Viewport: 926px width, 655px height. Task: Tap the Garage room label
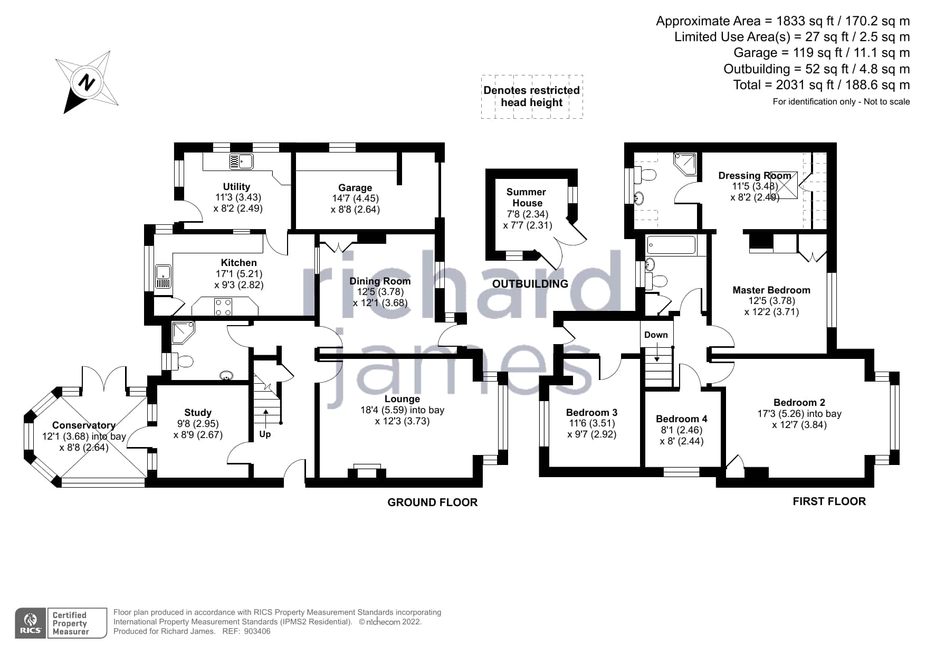[x=355, y=188]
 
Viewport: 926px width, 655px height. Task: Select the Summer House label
[x=526, y=197]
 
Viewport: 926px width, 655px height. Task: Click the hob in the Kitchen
[x=223, y=307]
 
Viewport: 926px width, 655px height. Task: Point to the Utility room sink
[x=242, y=161]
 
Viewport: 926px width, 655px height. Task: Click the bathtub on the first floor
[x=672, y=245]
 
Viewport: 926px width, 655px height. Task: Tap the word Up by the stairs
[x=265, y=434]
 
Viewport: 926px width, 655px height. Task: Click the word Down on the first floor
[x=656, y=335]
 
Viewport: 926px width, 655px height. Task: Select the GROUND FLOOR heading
[x=433, y=502]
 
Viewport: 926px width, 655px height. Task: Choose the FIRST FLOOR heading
[x=829, y=501]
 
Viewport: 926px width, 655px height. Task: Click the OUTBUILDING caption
[x=530, y=284]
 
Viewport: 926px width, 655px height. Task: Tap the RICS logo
[x=31, y=623]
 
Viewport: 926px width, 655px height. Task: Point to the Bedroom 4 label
[x=682, y=419]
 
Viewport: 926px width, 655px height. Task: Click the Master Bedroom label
[x=771, y=290]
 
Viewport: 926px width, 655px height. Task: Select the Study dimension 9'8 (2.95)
[x=198, y=424]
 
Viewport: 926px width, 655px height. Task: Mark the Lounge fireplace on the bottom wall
[x=367, y=471]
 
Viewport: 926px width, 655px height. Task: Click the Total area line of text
[x=822, y=85]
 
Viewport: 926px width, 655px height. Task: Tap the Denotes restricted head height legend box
[x=532, y=97]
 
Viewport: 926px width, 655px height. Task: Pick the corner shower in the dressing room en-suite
[x=685, y=164]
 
